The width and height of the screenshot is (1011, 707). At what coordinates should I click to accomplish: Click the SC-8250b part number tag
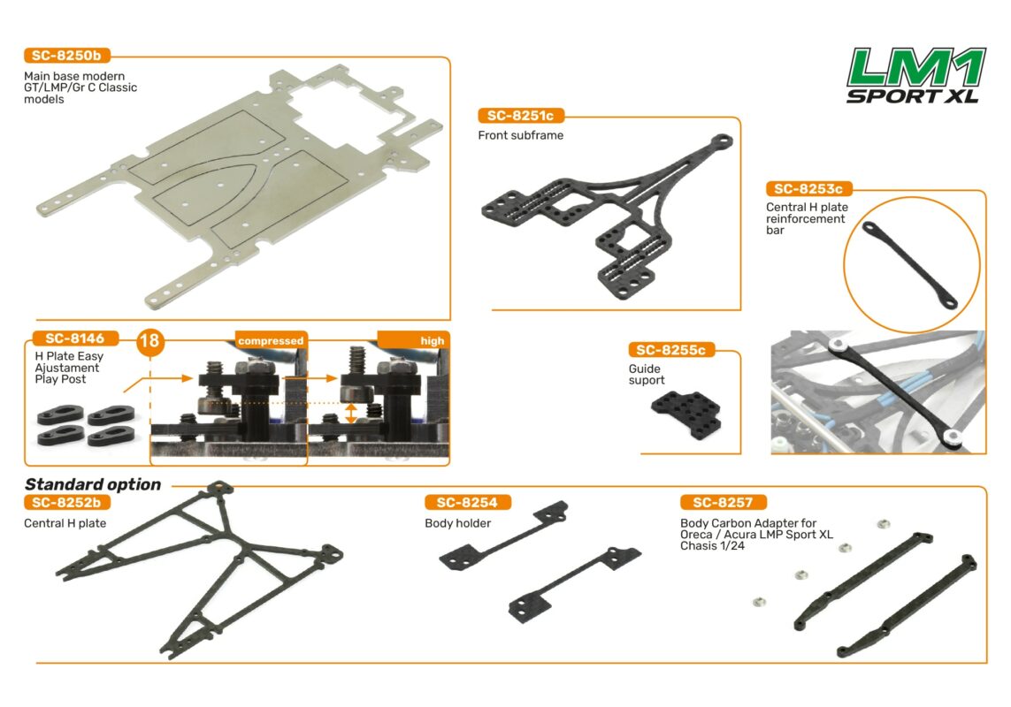click(x=66, y=56)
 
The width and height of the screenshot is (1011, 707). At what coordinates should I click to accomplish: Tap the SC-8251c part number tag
click(x=520, y=116)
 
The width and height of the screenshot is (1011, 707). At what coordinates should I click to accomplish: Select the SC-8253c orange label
click(x=808, y=189)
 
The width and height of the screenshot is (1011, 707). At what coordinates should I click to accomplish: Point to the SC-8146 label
click(x=75, y=338)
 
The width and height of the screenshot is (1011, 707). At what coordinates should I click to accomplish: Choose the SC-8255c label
click(x=671, y=350)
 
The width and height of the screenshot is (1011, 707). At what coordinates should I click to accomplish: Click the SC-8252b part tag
click(x=66, y=503)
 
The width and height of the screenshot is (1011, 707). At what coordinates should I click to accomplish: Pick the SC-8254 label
click(x=467, y=503)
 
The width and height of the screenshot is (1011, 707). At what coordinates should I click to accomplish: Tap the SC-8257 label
click(x=723, y=503)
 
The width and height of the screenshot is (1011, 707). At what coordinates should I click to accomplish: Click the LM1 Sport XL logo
click(x=915, y=75)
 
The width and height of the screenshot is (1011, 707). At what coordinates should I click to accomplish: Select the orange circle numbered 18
click(x=150, y=340)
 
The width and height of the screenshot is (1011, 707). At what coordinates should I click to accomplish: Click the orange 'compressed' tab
click(x=271, y=341)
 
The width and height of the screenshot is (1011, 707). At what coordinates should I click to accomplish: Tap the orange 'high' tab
click(x=413, y=340)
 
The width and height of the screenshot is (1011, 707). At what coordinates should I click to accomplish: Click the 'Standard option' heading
click(x=93, y=484)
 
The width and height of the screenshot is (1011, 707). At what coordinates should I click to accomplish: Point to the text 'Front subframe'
click(x=521, y=135)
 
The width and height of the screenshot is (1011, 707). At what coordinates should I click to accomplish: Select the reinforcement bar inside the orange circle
click(x=909, y=265)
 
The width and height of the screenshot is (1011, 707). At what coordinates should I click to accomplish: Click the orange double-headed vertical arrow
click(x=350, y=414)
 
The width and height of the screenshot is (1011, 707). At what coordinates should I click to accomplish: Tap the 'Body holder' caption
click(x=458, y=523)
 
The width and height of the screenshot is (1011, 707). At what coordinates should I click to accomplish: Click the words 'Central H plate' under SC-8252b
click(x=65, y=523)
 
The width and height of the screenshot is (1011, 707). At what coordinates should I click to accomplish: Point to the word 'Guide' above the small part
click(x=645, y=369)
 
